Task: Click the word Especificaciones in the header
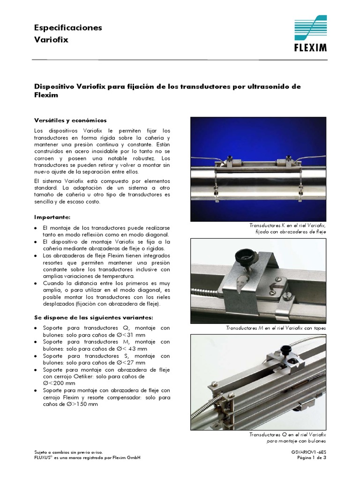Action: pyautogui.click(x=68, y=28)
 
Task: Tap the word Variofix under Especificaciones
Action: pyautogui.click(x=51, y=40)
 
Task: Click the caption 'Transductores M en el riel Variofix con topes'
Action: pyautogui.click(x=275, y=328)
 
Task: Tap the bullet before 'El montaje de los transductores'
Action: pyautogui.click(x=37, y=227)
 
